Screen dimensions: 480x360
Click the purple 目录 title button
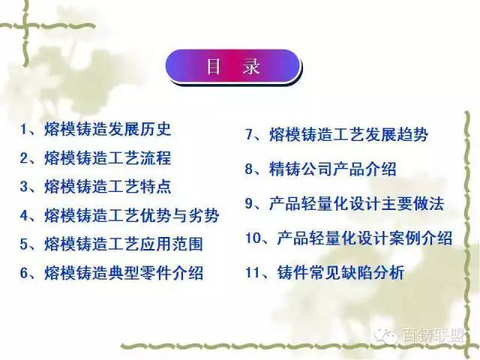click(233, 67)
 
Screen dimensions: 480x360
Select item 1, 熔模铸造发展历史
click(95, 129)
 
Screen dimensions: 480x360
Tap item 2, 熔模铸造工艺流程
click(95, 158)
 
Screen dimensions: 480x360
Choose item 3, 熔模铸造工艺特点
click(95, 187)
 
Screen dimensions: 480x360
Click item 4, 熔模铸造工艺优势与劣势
click(120, 215)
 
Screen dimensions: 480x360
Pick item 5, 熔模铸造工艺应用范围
click(112, 244)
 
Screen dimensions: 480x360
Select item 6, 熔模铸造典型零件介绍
click(112, 272)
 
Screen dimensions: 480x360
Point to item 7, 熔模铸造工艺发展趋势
click(337, 134)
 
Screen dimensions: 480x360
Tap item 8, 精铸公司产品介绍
click(320, 169)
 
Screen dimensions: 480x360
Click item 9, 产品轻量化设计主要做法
click(344, 203)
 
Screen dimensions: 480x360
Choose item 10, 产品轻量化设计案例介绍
click(349, 238)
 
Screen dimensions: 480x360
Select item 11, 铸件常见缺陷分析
click(325, 272)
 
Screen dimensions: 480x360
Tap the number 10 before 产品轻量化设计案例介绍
click(253, 238)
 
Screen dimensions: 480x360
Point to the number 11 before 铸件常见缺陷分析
click(253, 272)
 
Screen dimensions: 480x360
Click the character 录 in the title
click(252, 67)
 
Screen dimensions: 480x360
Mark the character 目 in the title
click(213, 67)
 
